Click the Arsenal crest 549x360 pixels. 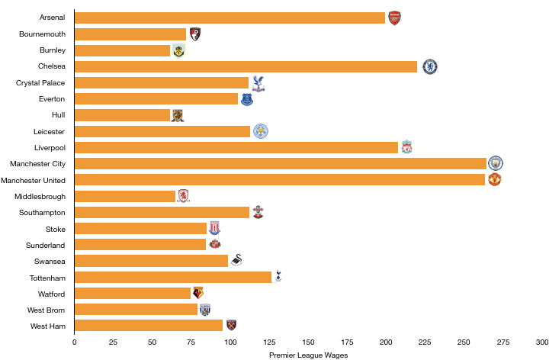coord(394,18)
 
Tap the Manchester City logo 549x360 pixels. coord(496,163)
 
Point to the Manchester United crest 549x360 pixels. coord(495,179)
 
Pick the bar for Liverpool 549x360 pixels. coord(236,147)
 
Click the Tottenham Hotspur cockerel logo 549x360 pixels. coord(278,276)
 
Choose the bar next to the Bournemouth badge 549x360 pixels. coord(130,34)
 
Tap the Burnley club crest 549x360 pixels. coord(178,51)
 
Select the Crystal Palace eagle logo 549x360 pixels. coord(258,83)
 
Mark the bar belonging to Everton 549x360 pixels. coord(156,99)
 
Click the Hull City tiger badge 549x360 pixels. coord(178,115)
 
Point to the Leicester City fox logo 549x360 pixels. coord(261,131)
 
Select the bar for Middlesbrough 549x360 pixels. coord(125,196)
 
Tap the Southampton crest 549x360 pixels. coord(258,212)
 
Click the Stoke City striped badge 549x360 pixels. coord(214,228)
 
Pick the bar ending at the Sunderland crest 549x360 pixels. coord(140,245)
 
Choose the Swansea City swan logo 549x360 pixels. coord(236,260)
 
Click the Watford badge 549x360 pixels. coord(198,293)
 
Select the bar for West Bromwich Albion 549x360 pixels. coord(136,310)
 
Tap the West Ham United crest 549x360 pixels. coord(231,325)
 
